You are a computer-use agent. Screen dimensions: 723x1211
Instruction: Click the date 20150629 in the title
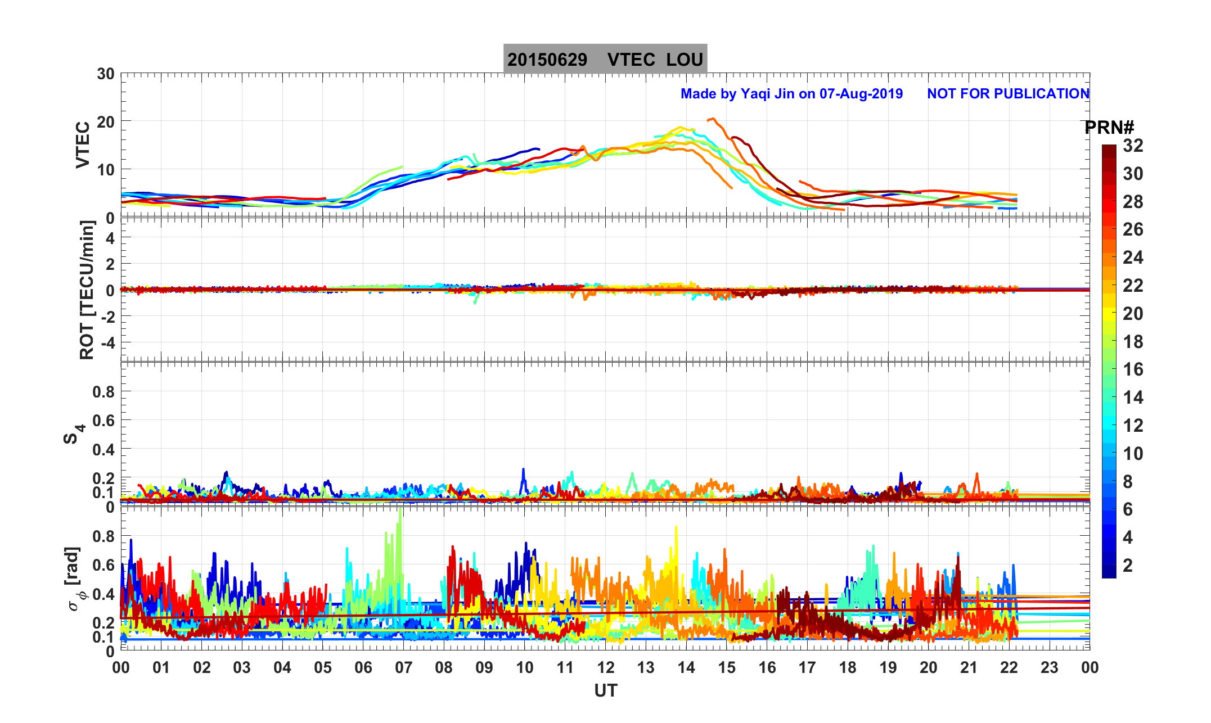coord(547,60)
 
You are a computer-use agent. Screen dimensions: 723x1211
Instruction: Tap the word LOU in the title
coord(685,60)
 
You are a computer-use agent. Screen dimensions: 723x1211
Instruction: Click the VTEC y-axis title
coord(83,145)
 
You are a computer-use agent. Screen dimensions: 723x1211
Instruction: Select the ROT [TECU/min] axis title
coord(87,290)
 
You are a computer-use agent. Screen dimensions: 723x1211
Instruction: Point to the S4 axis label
coord(74,433)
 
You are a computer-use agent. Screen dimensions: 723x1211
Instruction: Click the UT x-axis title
coord(606,690)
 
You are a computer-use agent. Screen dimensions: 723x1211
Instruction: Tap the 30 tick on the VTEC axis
coord(105,74)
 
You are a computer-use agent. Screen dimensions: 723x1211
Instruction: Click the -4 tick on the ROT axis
coord(106,342)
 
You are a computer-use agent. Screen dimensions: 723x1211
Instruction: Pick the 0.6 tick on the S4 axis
coord(103,421)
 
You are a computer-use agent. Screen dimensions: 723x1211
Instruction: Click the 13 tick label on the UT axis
coord(646,668)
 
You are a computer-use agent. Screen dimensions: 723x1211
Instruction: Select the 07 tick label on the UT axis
coord(403,668)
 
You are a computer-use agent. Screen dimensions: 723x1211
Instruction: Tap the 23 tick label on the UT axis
coord(1049,668)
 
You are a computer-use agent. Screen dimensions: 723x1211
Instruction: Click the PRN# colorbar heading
coord(1109,128)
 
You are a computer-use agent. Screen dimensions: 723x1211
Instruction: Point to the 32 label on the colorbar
coord(1133,146)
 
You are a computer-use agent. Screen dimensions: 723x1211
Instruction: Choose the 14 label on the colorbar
coord(1133,397)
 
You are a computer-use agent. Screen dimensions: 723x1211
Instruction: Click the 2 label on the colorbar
coord(1128,566)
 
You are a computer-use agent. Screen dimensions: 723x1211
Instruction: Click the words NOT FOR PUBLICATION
coord(1008,94)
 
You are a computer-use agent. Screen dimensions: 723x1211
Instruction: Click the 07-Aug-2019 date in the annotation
coord(861,94)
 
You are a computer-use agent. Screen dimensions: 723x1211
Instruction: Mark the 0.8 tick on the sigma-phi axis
coord(103,536)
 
